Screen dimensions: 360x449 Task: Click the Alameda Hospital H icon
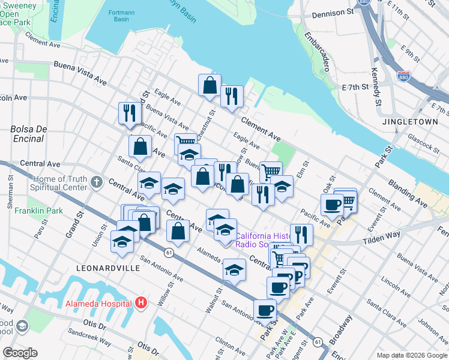pos(140,303)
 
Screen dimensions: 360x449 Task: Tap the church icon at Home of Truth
pos(97,182)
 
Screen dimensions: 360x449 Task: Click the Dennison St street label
pos(331,12)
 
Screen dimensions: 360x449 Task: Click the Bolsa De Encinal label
pos(27,134)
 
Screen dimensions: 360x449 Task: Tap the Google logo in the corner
pos(20,353)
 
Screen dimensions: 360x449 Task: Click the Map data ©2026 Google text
pos(411,355)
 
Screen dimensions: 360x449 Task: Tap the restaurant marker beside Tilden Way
pos(301,235)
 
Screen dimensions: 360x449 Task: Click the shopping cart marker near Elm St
pos(271,171)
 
